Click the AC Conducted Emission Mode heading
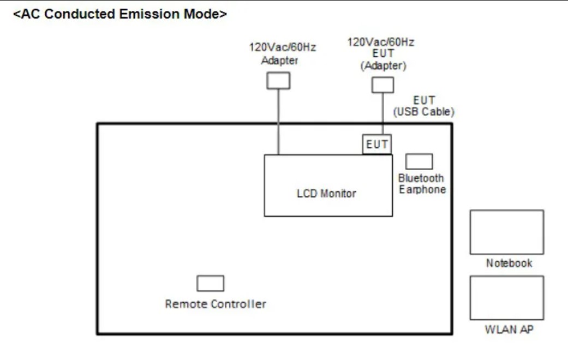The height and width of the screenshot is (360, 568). click(x=120, y=14)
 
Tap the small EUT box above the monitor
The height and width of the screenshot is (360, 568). click(x=377, y=145)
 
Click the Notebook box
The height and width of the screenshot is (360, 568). click(x=506, y=232)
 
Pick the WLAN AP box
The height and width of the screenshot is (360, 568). click(x=506, y=297)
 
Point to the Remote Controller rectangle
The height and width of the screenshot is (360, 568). click(x=210, y=284)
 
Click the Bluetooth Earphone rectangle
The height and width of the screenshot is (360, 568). click(x=419, y=161)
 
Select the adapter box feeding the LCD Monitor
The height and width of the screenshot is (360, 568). click(x=278, y=81)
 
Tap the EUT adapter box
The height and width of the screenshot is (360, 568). click(x=382, y=85)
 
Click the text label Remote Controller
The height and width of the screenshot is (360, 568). click(x=216, y=304)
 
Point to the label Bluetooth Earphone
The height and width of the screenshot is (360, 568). click(x=421, y=184)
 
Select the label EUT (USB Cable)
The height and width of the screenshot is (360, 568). click(x=424, y=106)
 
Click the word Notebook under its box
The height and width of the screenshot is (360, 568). click(x=509, y=263)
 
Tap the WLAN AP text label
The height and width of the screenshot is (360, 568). click(x=509, y=329)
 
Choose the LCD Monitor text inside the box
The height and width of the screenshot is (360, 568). click(x=326, y=194)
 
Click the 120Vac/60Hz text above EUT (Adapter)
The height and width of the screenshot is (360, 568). click(x=381, y=43)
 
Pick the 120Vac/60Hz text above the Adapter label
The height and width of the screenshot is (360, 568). click(x=282, y=47)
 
